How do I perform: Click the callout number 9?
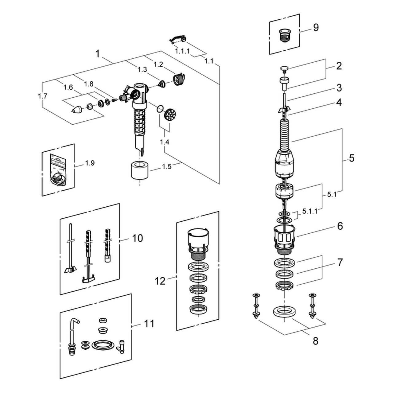[316, 28]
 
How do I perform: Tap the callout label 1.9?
[90, 163]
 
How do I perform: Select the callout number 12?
[160, 280]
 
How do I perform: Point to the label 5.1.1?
[310, 211]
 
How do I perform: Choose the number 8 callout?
[316, 340]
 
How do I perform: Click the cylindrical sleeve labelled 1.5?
[140, 169]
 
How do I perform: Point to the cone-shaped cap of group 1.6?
[77, 109]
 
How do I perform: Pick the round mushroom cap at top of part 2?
[284, 68]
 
